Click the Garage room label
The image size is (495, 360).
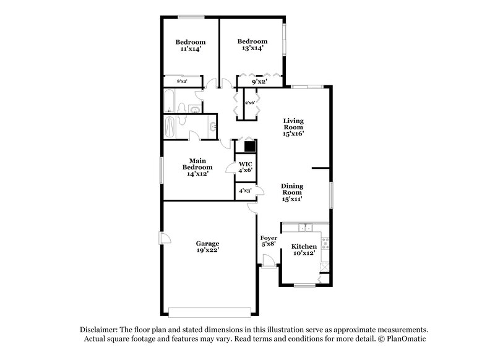[x=207, y=243]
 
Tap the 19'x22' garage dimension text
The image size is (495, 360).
[x=207, y=250]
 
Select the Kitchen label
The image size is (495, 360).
[x=304, y=246]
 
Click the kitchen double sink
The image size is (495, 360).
[x=304, y=228]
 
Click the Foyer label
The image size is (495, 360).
[x=268, y=238]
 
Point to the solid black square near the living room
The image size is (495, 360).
[x=249, y=147]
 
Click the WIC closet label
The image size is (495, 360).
[x=246, y=165]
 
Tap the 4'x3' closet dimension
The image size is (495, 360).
[x=246, y=192]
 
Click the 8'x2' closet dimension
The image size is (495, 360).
[x=182, y=82]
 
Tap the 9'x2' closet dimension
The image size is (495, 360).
[x=259, y=81]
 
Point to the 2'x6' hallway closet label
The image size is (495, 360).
[x=250, y=102]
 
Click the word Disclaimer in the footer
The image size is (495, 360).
[x=101, y=330]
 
